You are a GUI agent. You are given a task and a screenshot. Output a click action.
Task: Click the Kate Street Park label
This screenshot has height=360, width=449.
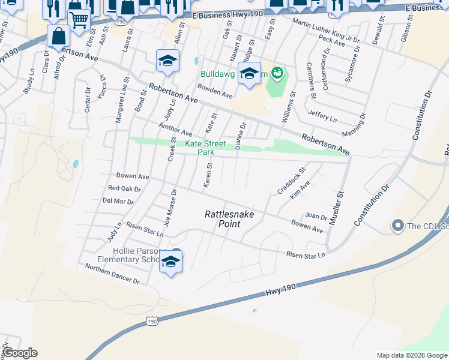click(205, 148)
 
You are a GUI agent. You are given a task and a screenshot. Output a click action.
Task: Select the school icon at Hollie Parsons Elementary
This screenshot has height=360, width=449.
click(171, 261)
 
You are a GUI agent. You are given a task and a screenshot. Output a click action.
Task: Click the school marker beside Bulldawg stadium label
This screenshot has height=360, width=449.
click(249, 74)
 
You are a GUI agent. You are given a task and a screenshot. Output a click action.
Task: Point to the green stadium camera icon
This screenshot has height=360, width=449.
click(277, 74)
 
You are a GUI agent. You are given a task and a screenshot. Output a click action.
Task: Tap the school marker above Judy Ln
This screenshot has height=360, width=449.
click(167, 60)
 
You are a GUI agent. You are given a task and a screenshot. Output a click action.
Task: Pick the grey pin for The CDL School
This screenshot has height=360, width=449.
click(397, 226)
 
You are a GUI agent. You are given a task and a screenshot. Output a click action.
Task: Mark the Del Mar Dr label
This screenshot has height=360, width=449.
click(118, 202)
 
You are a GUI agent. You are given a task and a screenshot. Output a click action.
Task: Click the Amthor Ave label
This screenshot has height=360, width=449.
click(175, 128)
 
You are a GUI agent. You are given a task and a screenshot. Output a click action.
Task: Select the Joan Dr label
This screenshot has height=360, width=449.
click(316, 217)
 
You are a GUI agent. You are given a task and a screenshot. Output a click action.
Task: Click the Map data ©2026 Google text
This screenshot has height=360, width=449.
click(411, 355)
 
